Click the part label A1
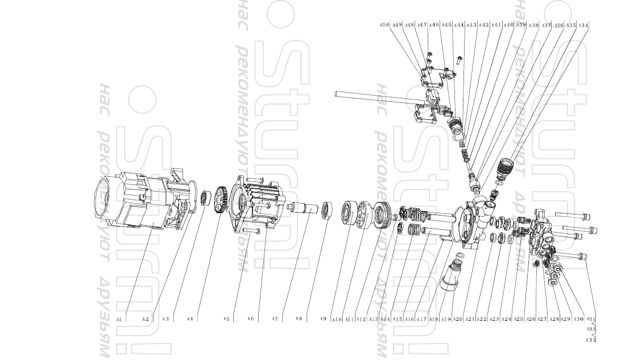click(x=119, y=320)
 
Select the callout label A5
click(x=226, y=319)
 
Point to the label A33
click(x=591, y=340)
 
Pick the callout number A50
click(x=384, y=25)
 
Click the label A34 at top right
click(x=583, y=25)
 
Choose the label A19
click(x=445, y=320)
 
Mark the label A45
click(x=446, y=25)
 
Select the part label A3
click(x=165, y=319)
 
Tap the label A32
click(x=591, y=329)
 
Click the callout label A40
click(x=508, y=25)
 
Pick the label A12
click(x=361, y=320)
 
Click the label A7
click(x=275, y=319)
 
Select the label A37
click(x=546, y=25)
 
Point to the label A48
click(x=409, y=25)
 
